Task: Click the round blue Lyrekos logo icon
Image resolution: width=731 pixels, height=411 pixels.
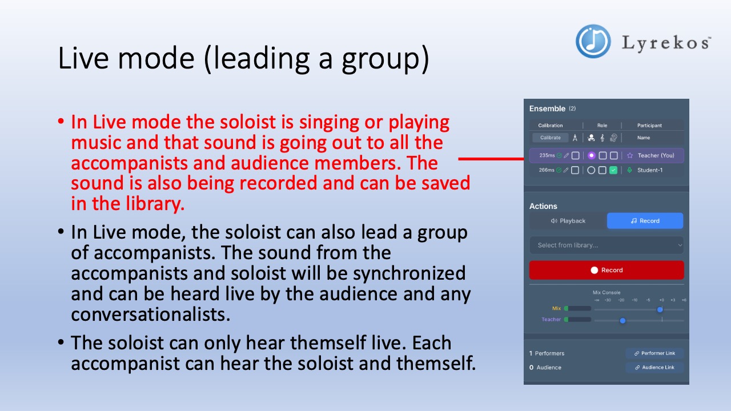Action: tap(593, 41)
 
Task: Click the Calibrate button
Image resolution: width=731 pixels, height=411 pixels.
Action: tap(551, 138)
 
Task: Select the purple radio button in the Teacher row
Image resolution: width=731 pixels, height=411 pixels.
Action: tap(592, 155)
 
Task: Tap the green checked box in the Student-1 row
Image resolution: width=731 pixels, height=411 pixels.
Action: tap(613, 170)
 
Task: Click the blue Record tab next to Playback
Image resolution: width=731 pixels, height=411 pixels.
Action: tap(645, 221)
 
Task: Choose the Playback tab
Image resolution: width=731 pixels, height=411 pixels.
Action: tap(568, 221)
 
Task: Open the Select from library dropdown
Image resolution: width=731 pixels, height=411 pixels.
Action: tap(607, 245)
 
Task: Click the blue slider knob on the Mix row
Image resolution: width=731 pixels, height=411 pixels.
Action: tap(660, 309)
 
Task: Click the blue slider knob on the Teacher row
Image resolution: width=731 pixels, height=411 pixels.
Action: tap(622, 321)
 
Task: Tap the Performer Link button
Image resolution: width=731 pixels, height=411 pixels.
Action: tap(654, 353)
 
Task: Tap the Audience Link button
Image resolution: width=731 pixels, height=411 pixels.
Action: tap(654, 368)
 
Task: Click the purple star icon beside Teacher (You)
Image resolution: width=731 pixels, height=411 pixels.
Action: tap(630, 155)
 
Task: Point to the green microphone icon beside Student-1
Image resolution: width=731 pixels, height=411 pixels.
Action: tap(630, 170)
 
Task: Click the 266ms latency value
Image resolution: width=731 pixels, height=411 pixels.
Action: tap(547, 170)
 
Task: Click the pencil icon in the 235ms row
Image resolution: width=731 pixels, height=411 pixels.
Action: tap(567, 155)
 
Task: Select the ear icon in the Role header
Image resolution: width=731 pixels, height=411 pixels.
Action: tap(613, 138)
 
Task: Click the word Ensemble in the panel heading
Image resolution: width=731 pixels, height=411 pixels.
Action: tap(547, 108)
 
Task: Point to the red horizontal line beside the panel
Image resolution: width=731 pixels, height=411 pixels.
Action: tap(491, 159)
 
